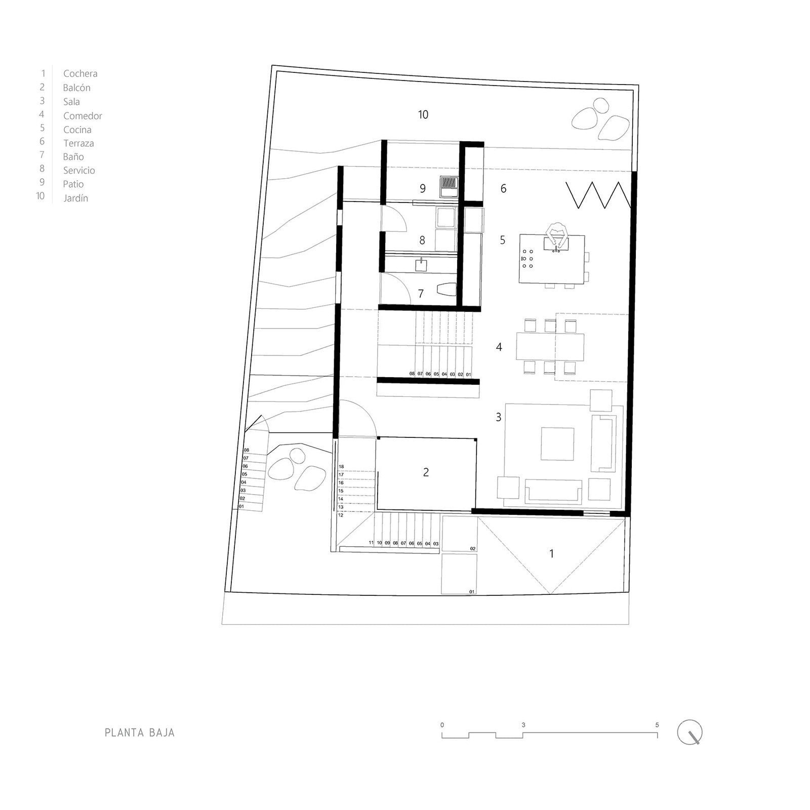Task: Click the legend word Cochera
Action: [80, 74]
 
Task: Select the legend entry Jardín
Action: [75, 198]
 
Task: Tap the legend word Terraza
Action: [78, 143]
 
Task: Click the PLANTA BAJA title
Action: [140, 733]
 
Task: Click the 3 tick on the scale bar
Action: [523, 725]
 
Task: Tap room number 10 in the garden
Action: [423, 115]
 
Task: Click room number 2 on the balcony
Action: [426, 472]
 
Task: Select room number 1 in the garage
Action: [551, 554]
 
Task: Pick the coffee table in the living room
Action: [557, 444]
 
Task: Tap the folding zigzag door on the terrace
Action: [598, 195]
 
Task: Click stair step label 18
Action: [341, 467]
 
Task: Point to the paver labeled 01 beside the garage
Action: [459, 574]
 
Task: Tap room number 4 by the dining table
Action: [499, 347]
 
